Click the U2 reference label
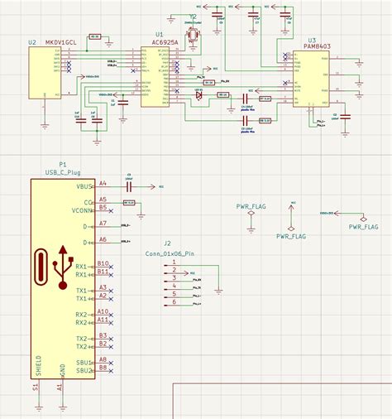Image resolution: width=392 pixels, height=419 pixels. pos(32,41)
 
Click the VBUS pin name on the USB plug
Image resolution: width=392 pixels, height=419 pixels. pos(84,187)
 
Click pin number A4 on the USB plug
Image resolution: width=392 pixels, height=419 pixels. pos(103,183)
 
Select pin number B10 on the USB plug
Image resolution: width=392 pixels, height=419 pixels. pos(103,263)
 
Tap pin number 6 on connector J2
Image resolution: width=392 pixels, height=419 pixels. pos(174,302)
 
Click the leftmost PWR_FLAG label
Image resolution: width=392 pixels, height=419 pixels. pos(251,206)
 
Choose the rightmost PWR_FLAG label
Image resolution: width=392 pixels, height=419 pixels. pos(363,226)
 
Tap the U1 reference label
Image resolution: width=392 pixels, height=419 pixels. pos(159,35)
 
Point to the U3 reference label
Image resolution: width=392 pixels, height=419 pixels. pos(312,40)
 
